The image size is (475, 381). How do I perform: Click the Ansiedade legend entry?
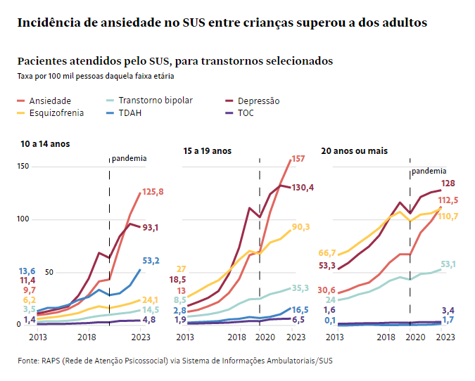point(49,101)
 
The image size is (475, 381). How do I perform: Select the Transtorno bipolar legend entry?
point(155,101)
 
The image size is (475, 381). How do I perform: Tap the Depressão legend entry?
point(258,101)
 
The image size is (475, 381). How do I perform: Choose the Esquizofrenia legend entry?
point(56,112)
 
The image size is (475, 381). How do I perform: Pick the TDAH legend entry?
point(129,112)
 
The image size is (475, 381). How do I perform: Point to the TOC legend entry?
point(246,112)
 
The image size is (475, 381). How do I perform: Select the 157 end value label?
point(298,159)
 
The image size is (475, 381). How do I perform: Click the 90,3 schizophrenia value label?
point(301,226)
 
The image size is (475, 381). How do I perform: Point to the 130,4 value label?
point(303,188)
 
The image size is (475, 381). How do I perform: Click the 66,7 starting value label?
point(327,253)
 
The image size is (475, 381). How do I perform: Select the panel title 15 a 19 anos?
point(207,151)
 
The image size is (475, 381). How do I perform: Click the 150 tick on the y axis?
point(23,167)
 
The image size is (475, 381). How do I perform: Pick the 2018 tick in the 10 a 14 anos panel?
point(87,337)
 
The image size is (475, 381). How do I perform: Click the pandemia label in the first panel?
point(129,158)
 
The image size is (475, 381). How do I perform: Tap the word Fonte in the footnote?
point(29,361)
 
